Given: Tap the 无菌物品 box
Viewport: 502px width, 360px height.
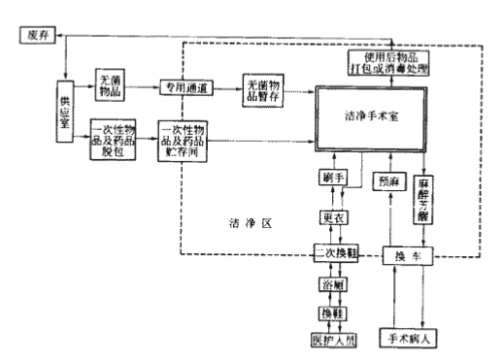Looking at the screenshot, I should click(111, 84).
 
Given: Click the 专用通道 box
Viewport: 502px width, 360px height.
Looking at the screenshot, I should click(185, 85).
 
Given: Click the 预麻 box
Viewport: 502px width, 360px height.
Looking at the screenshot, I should click(386, 180).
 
